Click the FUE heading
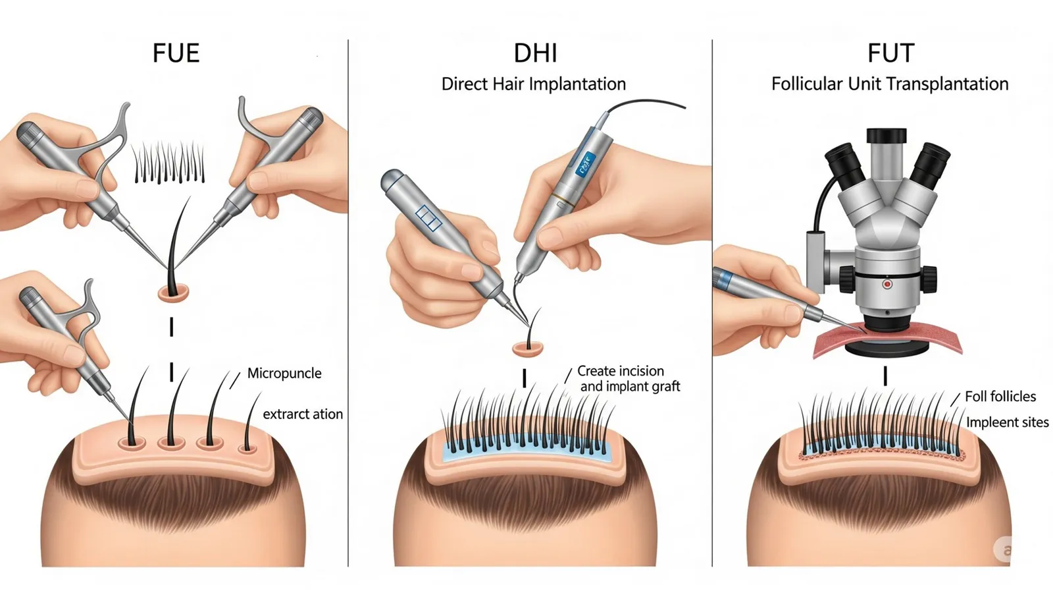click(x=176, y=53)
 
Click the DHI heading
click(x=536, y=53)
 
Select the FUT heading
click(x=891, y=53)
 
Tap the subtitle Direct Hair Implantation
click(x=534, y=84)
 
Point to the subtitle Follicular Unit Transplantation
click(x=890, y=84)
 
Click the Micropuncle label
click(x=284, y=373)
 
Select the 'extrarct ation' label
click(x=303, y=414)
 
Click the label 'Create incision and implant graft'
click(x=629, y=378)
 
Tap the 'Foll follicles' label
click(x=1000, y=396)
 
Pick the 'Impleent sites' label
click(x=1007, y=422)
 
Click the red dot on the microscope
click(x=887, y=284)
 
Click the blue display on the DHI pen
click(x=586, y=165)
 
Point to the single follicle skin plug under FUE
click(x=173, y=293)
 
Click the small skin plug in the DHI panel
click(x=527, y=349)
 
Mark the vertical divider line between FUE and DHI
click(x=348, y=303)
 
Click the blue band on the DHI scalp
click(x=526, y=449)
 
